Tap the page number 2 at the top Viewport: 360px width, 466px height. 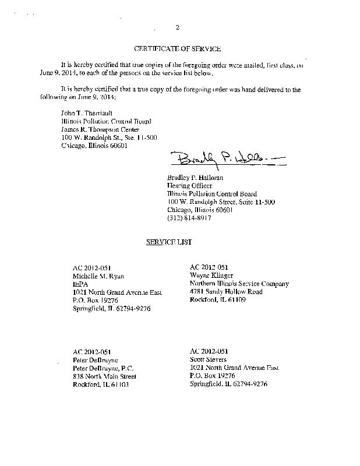click(x=178, y=27)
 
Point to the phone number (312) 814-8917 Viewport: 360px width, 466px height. click(x=189, y=217)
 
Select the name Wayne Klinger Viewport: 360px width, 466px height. click(x=211, y=276)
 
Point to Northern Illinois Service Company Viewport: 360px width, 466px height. click(x=239, y=284)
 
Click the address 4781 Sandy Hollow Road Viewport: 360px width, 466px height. click(x=226, y=292)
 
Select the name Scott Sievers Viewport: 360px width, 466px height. click(x=210, y=360)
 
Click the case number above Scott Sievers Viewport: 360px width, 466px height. click(x=209, y=351)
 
